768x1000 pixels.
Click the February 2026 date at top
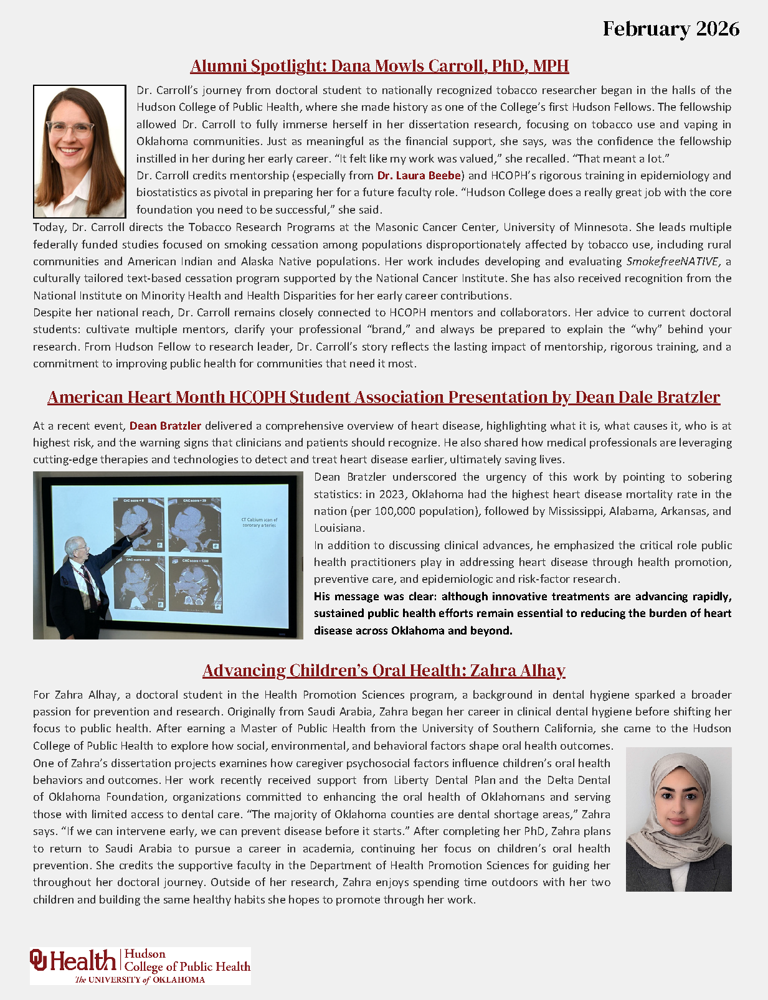[671, 29]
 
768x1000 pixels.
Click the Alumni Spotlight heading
[379, 66]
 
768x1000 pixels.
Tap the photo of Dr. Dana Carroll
[79, 151]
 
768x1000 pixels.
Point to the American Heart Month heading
[384, 397]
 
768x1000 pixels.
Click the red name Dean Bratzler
[165, 426]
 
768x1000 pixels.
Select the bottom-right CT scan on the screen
[195, 584]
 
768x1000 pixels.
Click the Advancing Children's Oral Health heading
[384, 671]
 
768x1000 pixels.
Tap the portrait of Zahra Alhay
[678, 819]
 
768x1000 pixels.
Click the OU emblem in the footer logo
[39, 960]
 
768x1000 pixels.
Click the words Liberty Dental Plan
[445, 780]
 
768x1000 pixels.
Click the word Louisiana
[338, 528]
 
